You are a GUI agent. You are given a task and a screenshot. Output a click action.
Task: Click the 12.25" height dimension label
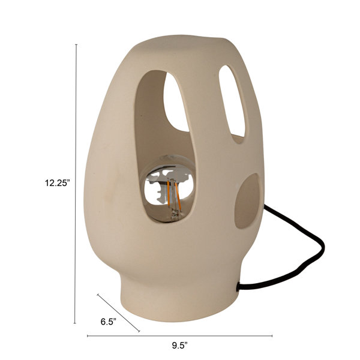pos(57,183)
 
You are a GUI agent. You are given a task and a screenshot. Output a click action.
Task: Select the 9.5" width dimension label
pos(180,346)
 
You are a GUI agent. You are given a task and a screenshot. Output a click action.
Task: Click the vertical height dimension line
pos(76,184)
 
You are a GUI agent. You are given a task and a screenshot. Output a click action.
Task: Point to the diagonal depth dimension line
pos(118,313)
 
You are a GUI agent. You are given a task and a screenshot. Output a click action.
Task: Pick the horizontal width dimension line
pos(179,336)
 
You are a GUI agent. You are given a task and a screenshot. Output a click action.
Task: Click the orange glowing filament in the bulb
pos(173,194)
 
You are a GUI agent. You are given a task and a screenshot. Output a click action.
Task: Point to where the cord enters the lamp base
pos(238,287)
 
